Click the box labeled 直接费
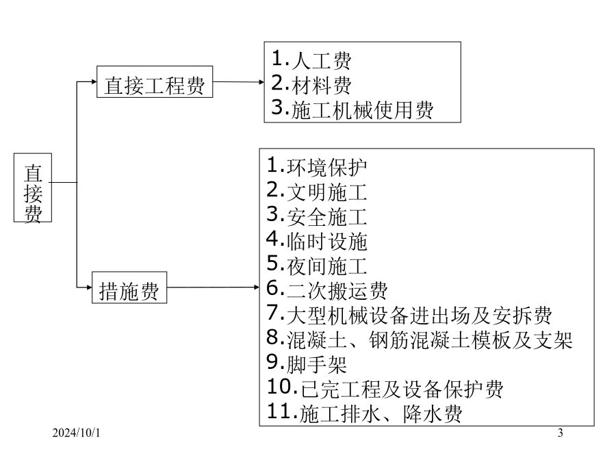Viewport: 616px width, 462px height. coord(33,188)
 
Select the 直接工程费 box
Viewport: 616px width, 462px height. coord(155,81)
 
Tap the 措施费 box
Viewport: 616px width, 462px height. coord(129,287)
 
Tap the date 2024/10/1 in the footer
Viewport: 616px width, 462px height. coord(76,433)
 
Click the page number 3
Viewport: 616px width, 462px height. coord(560,433)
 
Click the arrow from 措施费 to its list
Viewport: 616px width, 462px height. coord(213,287)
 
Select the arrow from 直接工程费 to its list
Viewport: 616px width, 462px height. coord(238,81)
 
